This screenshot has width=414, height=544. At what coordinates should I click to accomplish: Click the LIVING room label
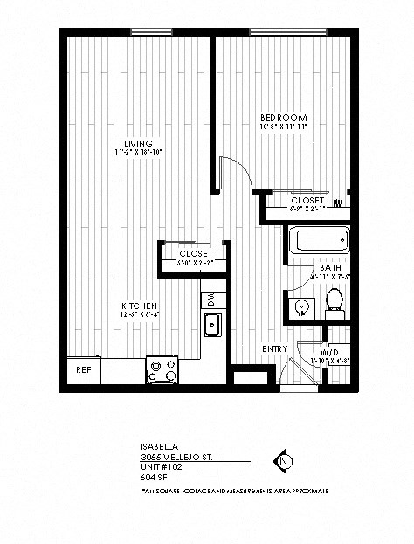[x=138, y=143]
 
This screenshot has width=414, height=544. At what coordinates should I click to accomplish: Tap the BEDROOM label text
[x=284, y=117]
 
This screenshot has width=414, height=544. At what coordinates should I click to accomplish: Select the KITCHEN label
[x=139, y=306]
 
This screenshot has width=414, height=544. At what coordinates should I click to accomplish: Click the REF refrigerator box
[x=84, y=369]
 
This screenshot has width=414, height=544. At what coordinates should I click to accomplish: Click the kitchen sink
[x=212, y=326]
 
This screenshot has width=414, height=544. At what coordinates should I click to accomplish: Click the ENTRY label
[x=274, y=349]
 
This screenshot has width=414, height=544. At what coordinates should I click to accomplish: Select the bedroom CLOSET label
[x=307, y=200]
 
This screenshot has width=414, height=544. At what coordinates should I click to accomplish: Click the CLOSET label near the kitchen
[x=195, y=253]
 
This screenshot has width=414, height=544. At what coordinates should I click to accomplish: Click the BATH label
[x=330, y=267]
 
